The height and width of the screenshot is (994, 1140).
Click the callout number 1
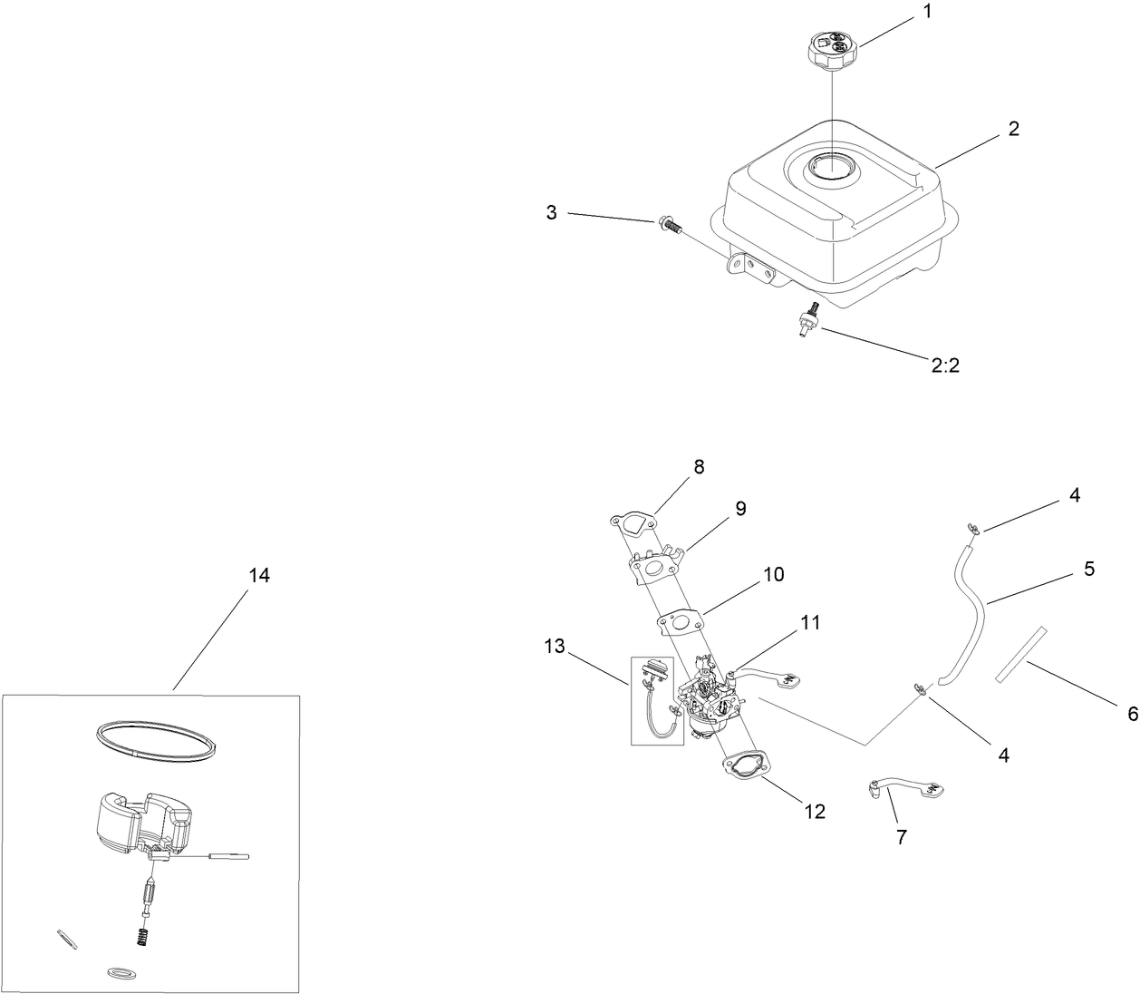click(926, 14)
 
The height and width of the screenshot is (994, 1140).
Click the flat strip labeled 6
click(1020, 653)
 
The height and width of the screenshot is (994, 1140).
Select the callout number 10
click(773, 575)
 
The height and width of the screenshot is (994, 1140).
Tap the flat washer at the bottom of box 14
click(118, 973)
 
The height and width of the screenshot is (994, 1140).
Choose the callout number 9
click(740, 510)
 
